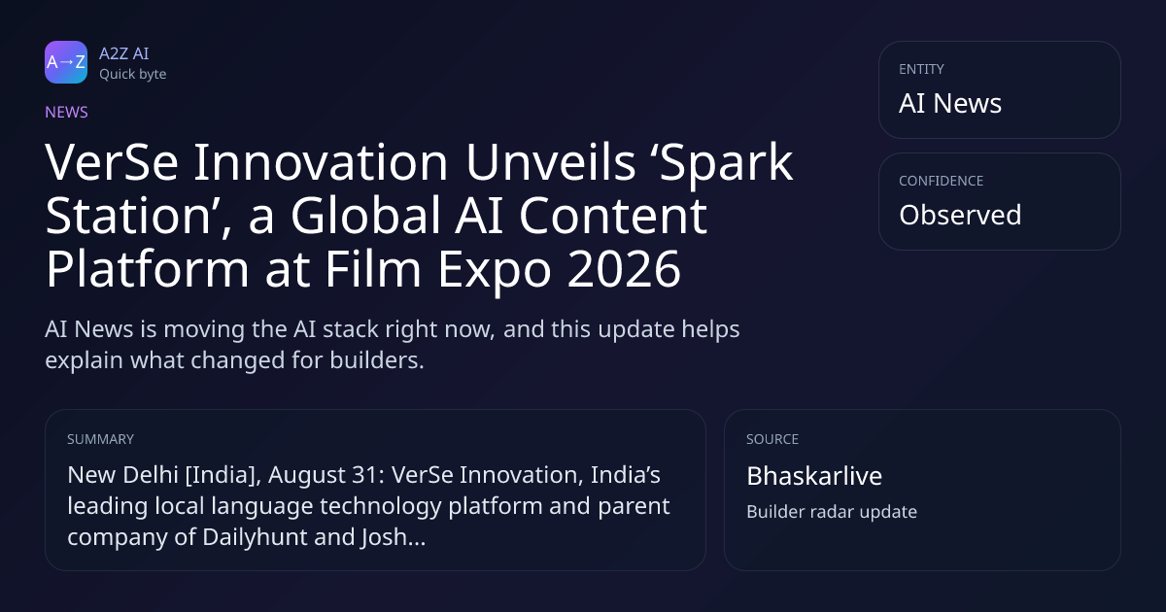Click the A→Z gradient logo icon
(66, 62)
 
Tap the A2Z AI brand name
(124, 53)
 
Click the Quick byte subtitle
(133, 75)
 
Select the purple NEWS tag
(67, 112)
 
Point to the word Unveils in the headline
(550, 162)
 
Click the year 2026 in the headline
(624, 269)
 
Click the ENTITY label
(921, 69)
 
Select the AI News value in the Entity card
(950, 103)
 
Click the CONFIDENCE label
(942, 181)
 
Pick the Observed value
(960, 215)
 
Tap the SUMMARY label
(100, 439)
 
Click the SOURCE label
(772, 439)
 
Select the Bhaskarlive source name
(814, 476)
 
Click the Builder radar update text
(832, 512)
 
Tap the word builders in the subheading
(377, 360)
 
